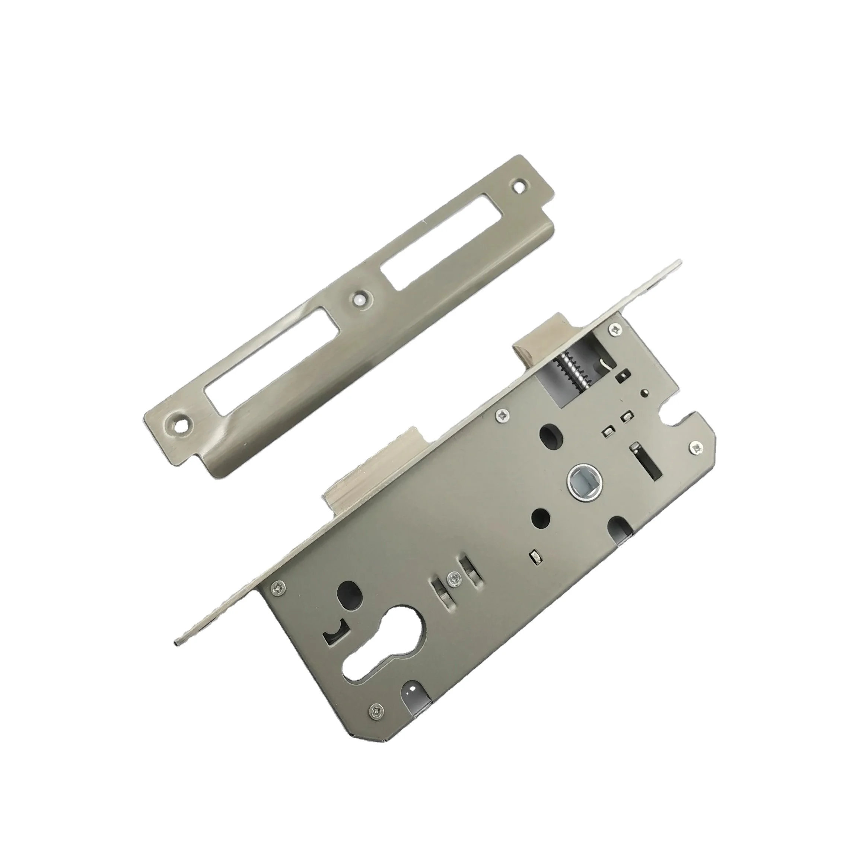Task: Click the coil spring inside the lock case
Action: [568, 357]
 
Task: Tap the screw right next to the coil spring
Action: [613, 329]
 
